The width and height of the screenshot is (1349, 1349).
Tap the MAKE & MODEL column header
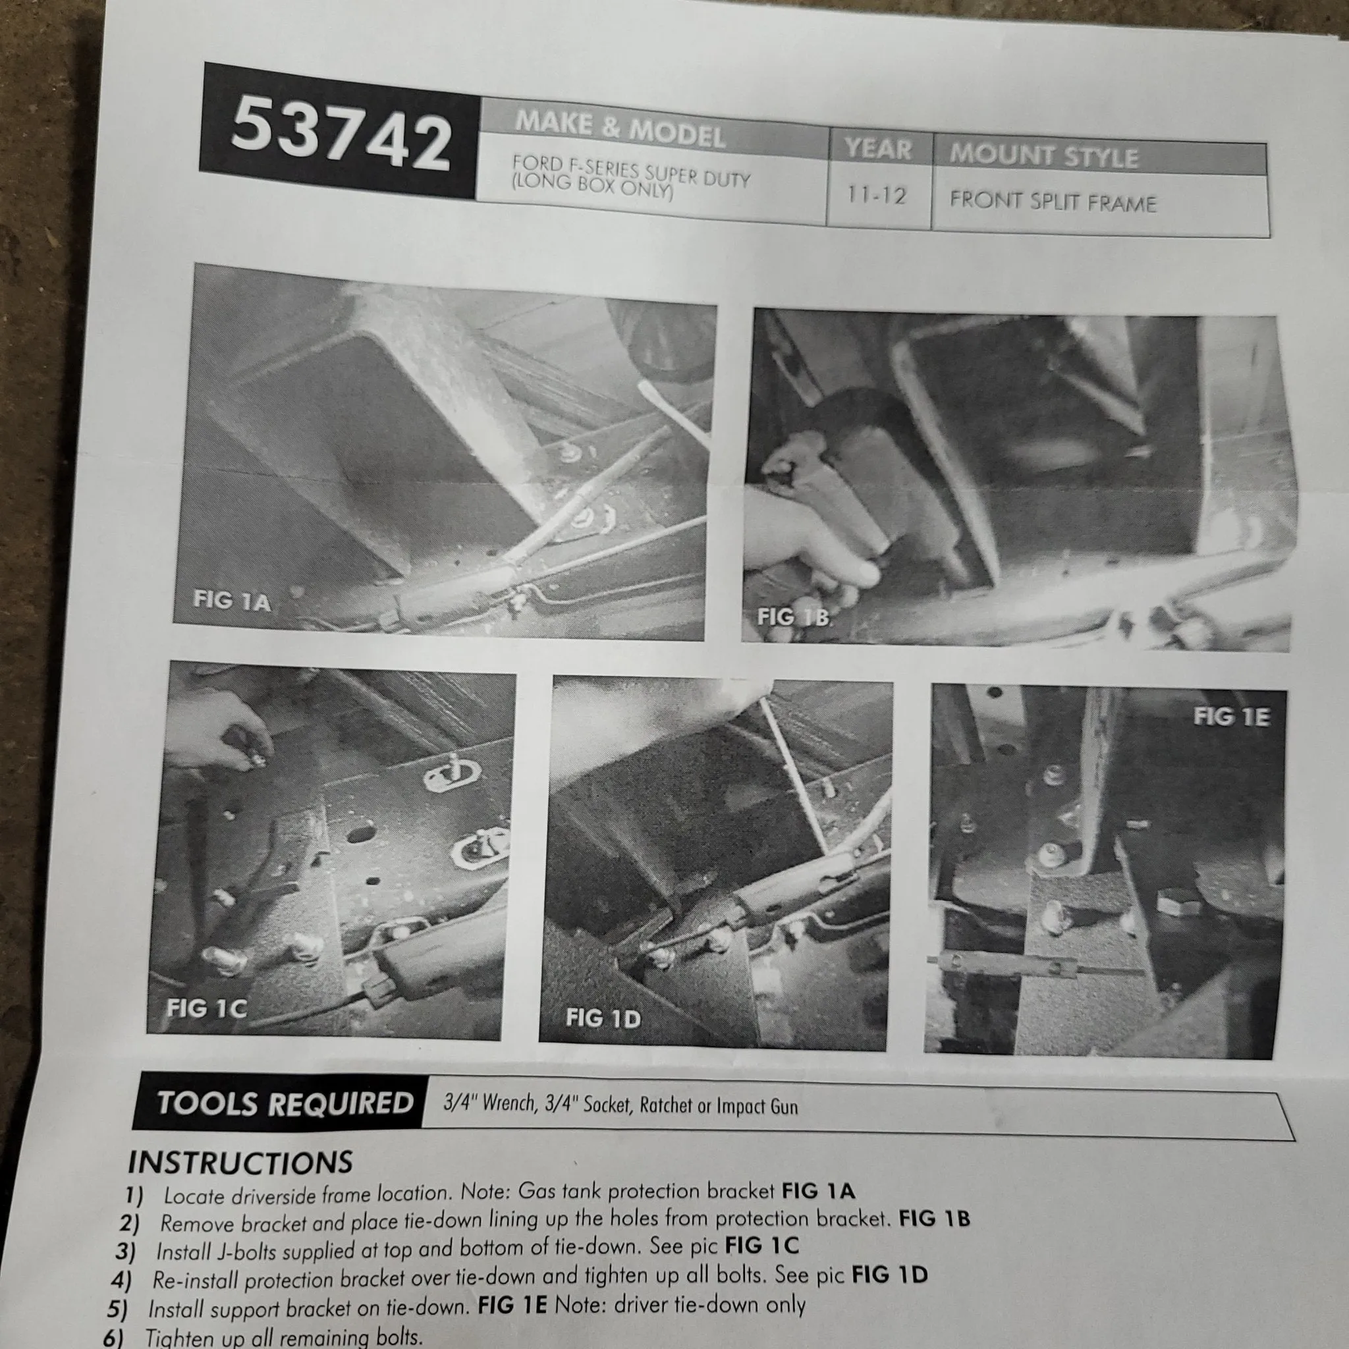pos(620,130)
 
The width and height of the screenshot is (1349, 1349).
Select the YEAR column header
pos(877,149)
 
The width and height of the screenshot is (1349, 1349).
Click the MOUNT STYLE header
pos(1043,155)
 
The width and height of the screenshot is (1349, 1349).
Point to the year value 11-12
pos(876,195)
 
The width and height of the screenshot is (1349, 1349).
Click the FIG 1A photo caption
pos(231,600)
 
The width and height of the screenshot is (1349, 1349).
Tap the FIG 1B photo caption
pos(794,617)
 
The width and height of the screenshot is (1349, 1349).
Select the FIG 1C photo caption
pos(206,1008)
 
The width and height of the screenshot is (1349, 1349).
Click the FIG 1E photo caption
pos(1231,717)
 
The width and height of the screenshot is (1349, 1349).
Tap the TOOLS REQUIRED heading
pos(285,1103)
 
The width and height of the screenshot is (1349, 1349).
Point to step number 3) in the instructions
pos(126,1252)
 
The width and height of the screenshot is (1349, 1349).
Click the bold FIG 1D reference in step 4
pos(889,1275)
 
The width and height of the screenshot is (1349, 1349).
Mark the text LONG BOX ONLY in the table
pos(592,186)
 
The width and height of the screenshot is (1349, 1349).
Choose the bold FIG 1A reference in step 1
pos(817,1190)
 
